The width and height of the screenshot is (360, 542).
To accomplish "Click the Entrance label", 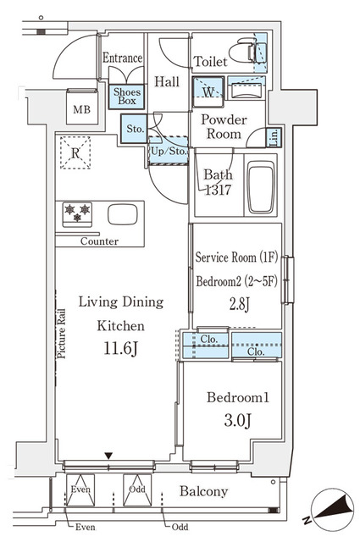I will tap(122, 58).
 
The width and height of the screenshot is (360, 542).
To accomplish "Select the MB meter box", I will tap(82, 108).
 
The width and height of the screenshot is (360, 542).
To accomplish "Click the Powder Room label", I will tap(224, 127).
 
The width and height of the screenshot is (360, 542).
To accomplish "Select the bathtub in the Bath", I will tap(261, 188).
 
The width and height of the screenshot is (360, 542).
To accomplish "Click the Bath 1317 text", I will tap(219, 183).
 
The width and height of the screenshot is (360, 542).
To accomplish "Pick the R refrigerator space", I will tap(76, 153).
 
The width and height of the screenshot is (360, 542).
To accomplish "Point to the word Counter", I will tap(100, 241).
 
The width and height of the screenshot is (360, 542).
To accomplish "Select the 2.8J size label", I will tap(240, 304).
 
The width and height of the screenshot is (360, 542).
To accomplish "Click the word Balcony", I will tap(203, 491).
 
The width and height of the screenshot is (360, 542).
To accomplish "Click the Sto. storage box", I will tap(134, 130).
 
